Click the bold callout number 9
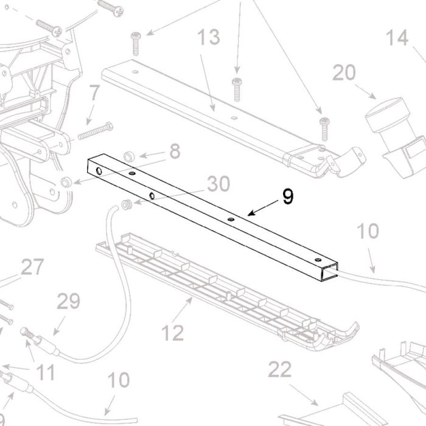(288, 197)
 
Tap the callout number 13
(208, 37)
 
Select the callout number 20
(344, 72)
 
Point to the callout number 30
(218, 184)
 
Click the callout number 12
(173, 333)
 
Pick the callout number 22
(280, 369)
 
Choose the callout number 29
(68, 301)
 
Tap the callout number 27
(32, 267)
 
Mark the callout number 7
(95, 93)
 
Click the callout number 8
(175, 151)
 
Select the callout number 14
(397, 38)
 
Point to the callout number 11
(46, 372)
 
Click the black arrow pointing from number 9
(263, 208)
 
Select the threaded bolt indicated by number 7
(96, 131)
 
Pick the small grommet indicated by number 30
(127, 204)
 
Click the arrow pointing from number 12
(182, 310)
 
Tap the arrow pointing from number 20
(366, 92)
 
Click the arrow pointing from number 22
(304, 395)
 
